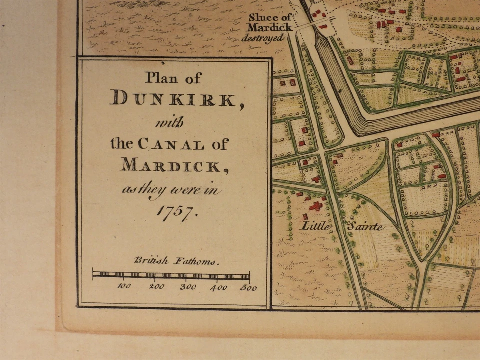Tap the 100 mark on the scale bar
coord(124,287)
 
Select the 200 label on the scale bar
coord(156,287)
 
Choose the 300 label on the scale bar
coord(188,287)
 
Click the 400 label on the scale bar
coord(219,287)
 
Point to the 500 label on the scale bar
coord(247,287)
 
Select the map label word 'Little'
coord(315,226)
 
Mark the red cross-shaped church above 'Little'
coord(316,205)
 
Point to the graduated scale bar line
coord(171,275)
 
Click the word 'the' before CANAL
coord(121,145)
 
